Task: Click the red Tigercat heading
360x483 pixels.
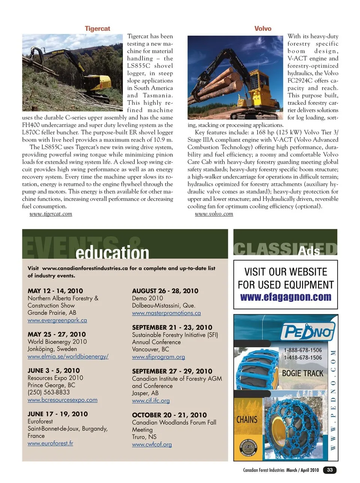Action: tap(97, 29)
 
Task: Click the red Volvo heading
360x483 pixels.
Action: tap(262, 29)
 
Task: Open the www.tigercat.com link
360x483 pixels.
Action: tap(51, 214)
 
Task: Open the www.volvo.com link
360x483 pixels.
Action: tap(214, 214)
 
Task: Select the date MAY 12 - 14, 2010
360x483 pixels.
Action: tap(55, 291)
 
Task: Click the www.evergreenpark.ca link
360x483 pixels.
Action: tap(57, 320)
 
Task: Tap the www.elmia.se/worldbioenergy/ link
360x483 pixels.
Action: tap(68, 357)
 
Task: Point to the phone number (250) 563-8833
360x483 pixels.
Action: tap(48, 392)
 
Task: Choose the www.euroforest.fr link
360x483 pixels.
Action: tap(50, 443)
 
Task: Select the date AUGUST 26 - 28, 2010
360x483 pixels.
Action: tap(165, 291)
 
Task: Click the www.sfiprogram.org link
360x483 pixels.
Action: tap(158, 357)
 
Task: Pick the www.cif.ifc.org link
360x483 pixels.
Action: tap(151, 401)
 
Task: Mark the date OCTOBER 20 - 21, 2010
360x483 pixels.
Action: tap(169, 415)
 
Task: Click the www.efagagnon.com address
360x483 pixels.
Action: tap(285, 297)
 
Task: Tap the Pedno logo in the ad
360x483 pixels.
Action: tap(307, 332)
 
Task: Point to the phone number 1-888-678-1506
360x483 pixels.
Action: tap(303, 350)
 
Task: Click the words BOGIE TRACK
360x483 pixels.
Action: tap(302, 373)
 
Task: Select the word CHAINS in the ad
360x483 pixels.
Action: tap(247, 419)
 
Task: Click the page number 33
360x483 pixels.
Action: tap(330, 470)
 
